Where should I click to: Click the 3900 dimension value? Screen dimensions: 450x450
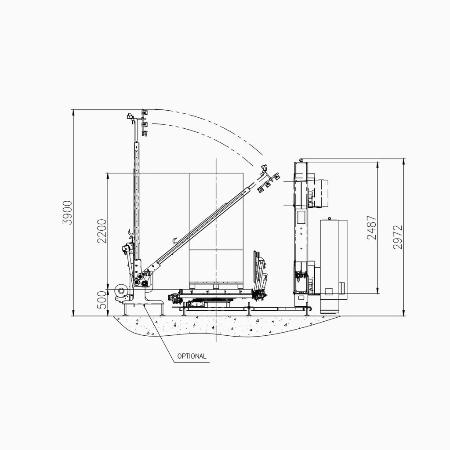(68, 213)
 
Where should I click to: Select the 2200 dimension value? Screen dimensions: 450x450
(102, 231)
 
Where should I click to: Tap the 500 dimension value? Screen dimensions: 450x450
(102, 300)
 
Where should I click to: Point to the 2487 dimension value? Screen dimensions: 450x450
(372, 227)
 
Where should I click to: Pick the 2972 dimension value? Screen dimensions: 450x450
(398, 237)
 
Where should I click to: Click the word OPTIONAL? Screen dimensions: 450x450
(192, 356)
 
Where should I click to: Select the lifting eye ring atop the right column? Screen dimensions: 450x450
(301, 160)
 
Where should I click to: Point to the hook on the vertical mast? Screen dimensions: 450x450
(130, 233)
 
